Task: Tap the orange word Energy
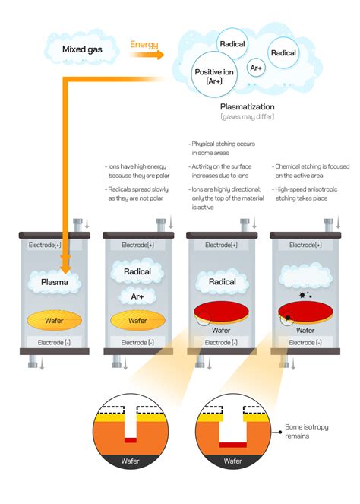144,45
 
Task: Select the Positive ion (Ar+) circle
213,76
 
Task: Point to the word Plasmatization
247,107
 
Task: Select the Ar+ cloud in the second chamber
137,296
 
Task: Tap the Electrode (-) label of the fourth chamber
305,343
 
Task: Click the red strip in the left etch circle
130,440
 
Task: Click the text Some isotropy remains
308,431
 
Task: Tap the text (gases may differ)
247,117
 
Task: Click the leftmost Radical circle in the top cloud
232,44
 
